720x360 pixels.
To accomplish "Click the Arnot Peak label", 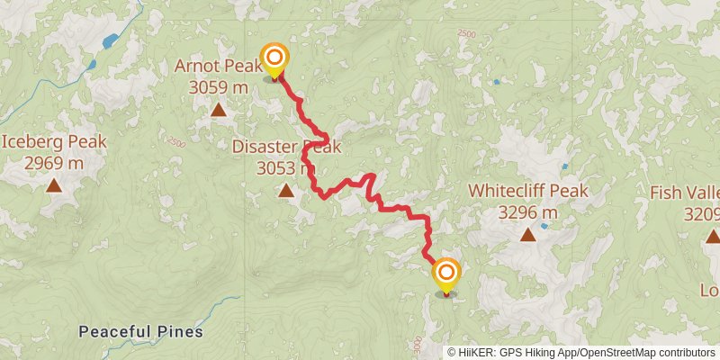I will [x=219, y=68].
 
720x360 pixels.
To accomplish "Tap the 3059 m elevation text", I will [x=219, y=87].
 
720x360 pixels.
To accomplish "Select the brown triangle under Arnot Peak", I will [x=218, y=111].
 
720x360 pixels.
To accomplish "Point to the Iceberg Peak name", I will [x=54, y=142].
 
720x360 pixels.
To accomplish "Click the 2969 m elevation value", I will [x=54, y=163].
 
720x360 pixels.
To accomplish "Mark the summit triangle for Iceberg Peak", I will [x=54, y=185].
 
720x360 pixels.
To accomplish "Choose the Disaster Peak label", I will [x=285, y=147].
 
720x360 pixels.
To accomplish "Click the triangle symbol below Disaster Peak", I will [x=285, y=190].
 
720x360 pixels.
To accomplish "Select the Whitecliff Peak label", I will [x=528, y=192].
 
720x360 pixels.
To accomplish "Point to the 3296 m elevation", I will [x=528, y=212].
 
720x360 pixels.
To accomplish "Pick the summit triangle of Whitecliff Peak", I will [x=528, y=235].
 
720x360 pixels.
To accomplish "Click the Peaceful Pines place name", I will [x=140, y=332].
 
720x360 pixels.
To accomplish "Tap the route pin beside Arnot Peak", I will [x=274, y=60].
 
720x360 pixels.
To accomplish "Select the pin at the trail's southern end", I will [x=445, y=275].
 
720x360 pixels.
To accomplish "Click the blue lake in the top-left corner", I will [x=111, y=41].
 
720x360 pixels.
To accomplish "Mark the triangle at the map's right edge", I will [x=713, y=236].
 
